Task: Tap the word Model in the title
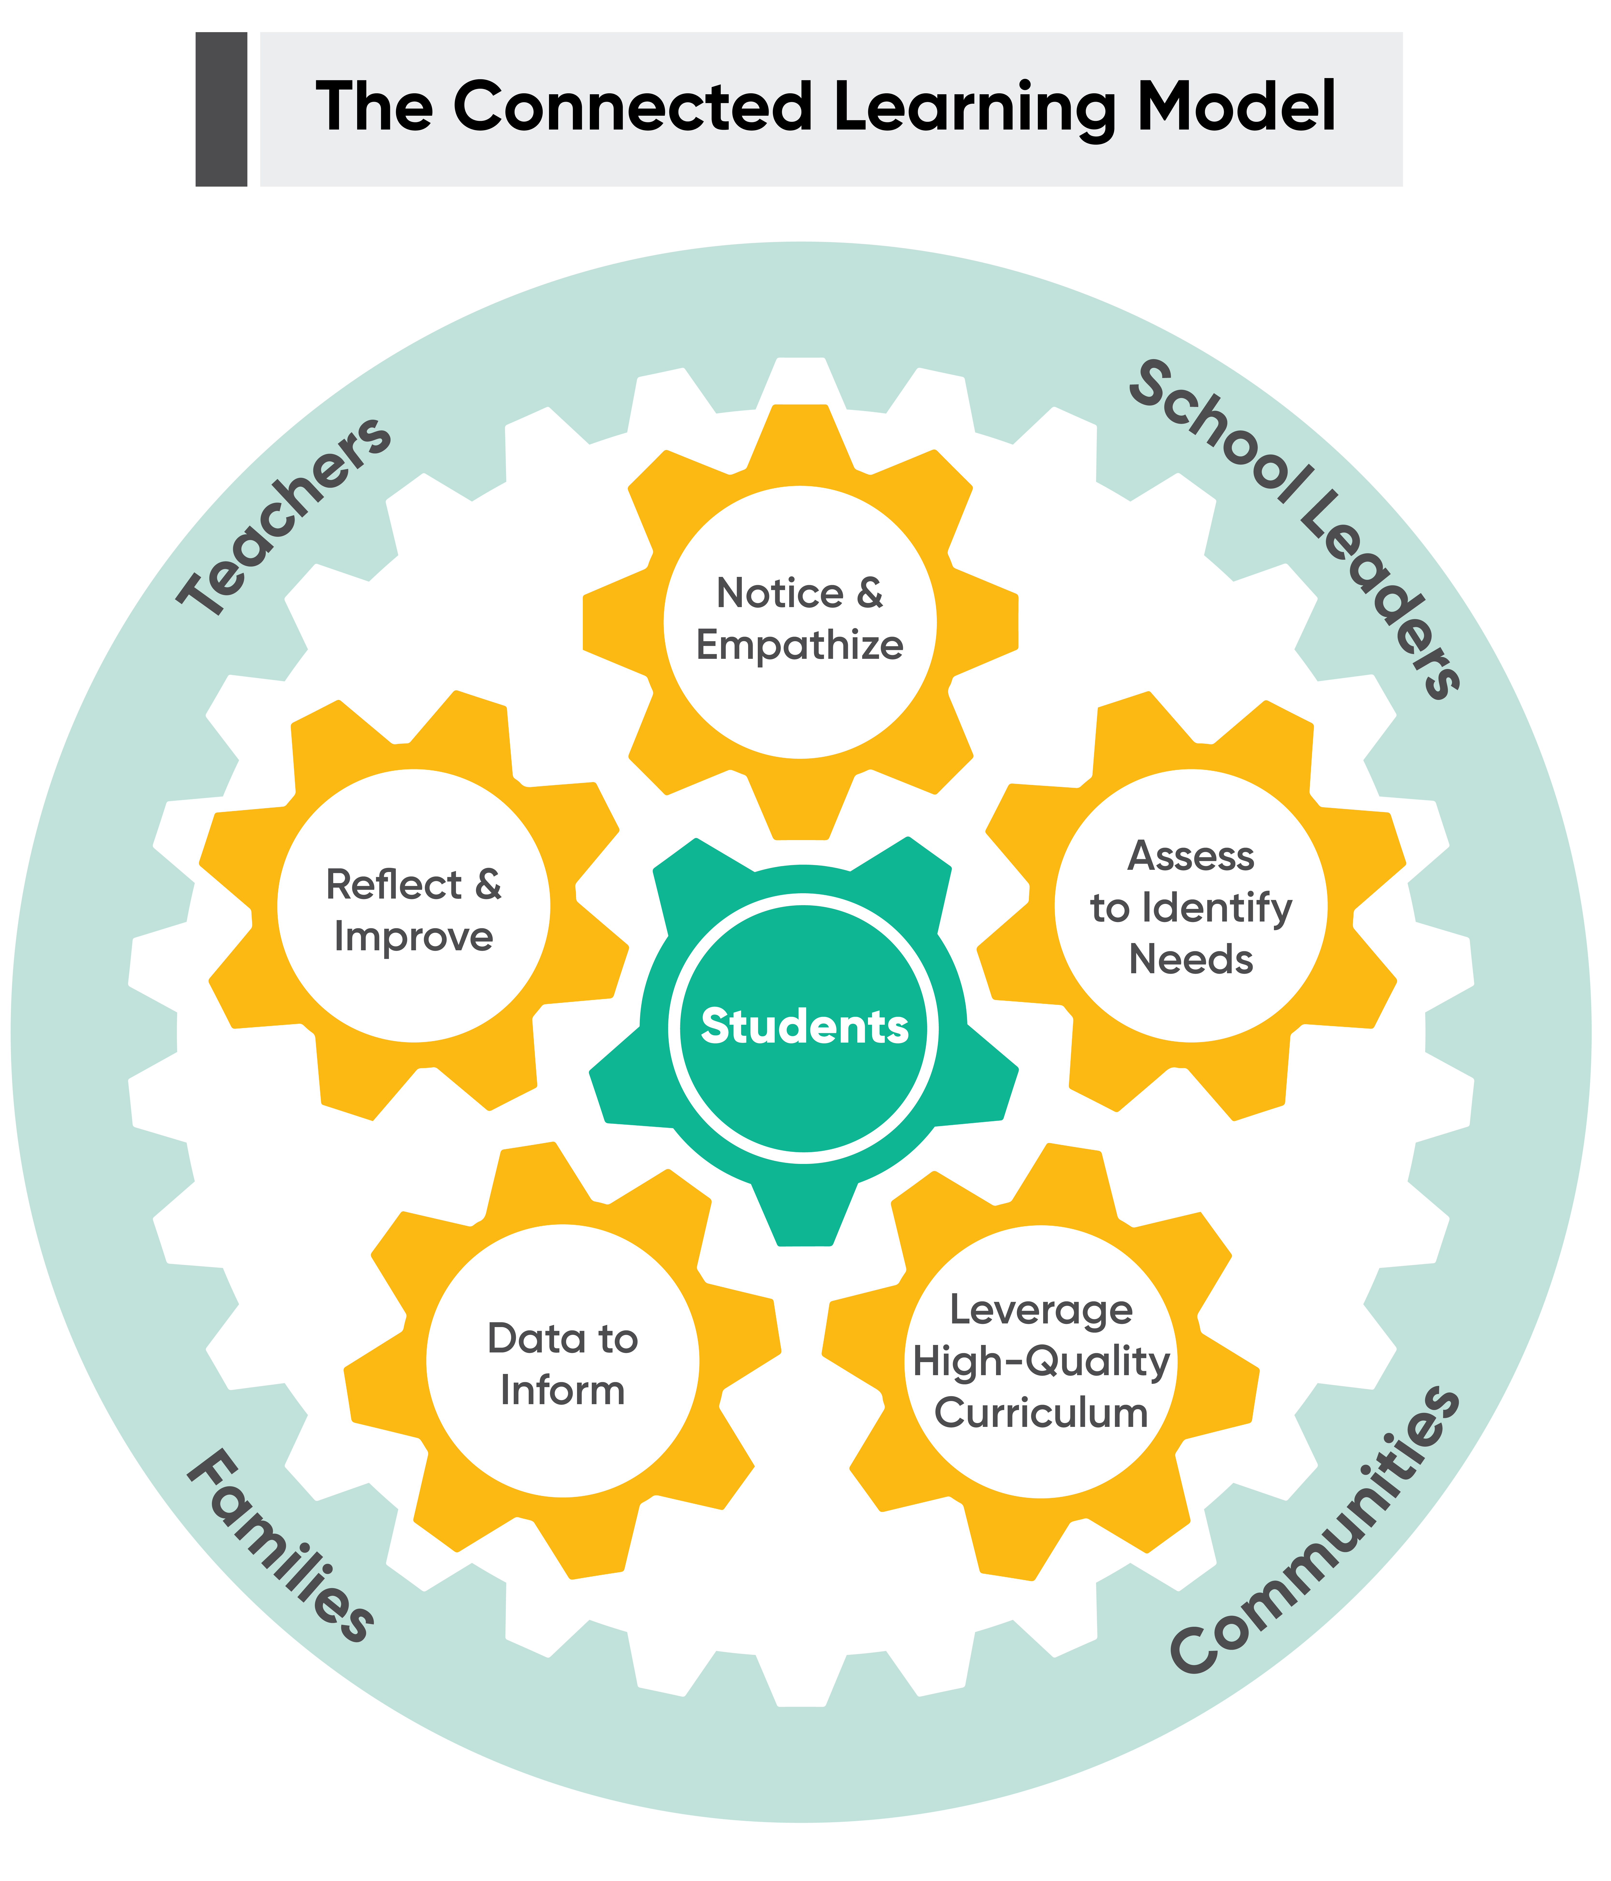(1236, 107)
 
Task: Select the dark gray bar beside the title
(221, 109)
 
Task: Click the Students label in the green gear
(804, 1027)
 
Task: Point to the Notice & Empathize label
(800, 619)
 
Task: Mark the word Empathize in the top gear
(800, 646)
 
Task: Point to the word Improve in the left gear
(414, 937)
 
